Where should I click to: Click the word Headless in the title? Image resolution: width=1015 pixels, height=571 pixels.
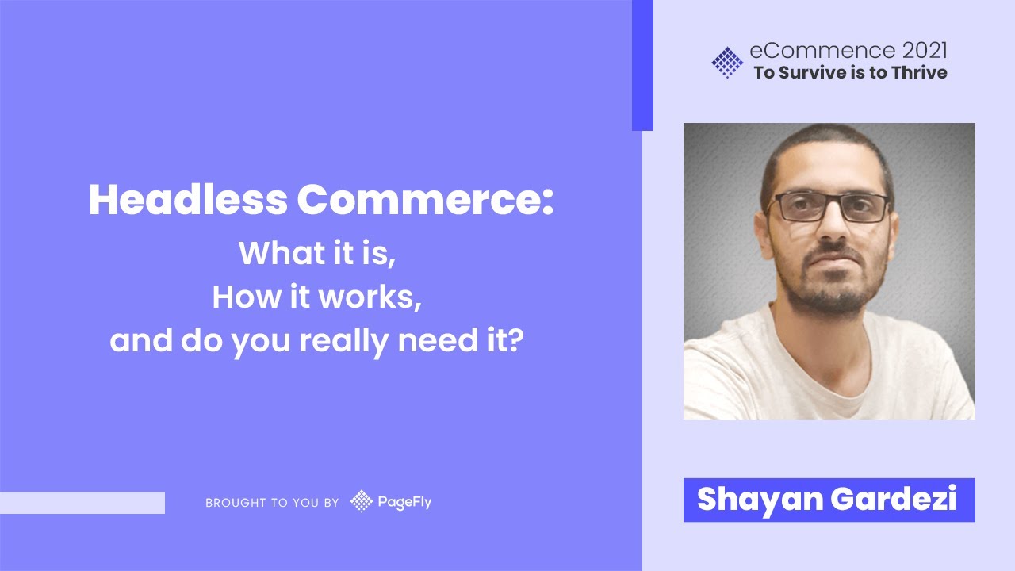[187, 201]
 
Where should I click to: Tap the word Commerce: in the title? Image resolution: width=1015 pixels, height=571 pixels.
[424, 201]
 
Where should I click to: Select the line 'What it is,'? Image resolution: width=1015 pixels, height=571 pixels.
[317, 253]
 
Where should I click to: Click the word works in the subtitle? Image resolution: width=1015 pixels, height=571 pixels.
[369, 297]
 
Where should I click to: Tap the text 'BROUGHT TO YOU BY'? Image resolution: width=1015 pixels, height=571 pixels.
[272, 503]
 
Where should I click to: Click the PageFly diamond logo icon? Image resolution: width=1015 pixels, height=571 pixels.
[362, 501]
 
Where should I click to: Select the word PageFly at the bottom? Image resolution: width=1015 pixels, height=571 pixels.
[404, 502]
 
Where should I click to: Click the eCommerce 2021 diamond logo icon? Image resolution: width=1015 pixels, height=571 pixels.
[727, 63]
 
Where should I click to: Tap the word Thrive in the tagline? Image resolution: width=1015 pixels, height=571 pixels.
[918, 73]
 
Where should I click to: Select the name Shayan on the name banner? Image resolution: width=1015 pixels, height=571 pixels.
[759, 500]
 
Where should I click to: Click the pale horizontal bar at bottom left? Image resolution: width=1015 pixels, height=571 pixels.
[82, 503]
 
